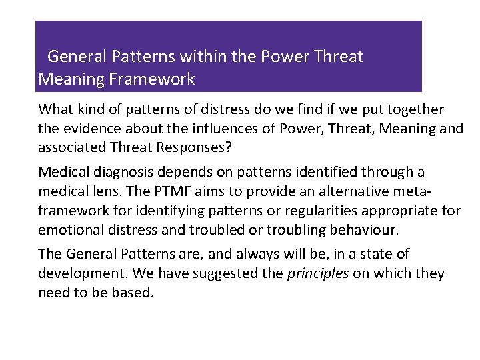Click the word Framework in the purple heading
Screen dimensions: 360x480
[x=153, y=80]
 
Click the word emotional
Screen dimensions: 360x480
[x=69, y=230]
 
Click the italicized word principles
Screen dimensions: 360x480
[x=318, y=274]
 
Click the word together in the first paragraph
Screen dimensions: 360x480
[x=414, y=109]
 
